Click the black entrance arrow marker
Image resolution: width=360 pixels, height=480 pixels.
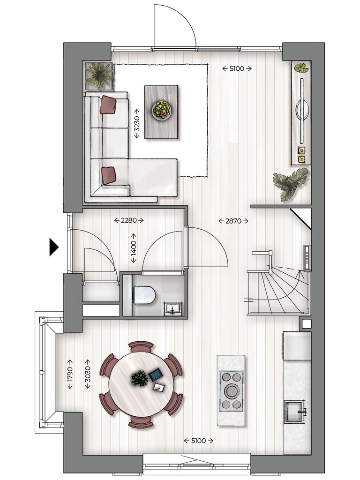54,247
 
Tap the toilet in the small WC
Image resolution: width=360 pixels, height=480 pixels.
144,295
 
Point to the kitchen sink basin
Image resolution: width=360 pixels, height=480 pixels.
295,411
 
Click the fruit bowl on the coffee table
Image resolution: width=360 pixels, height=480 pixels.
162,111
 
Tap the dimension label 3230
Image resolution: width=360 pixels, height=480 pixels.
137,123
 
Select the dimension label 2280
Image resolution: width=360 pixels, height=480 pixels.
129,220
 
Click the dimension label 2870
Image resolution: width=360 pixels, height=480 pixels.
233,221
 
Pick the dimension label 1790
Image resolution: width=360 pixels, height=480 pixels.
70,374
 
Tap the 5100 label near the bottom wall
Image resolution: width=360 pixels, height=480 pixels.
198,441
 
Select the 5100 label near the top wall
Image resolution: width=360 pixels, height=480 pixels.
237,68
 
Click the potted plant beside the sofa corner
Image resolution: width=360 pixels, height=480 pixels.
99,75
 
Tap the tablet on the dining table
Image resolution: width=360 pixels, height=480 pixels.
156,375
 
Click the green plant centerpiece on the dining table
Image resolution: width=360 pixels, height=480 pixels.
139,378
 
